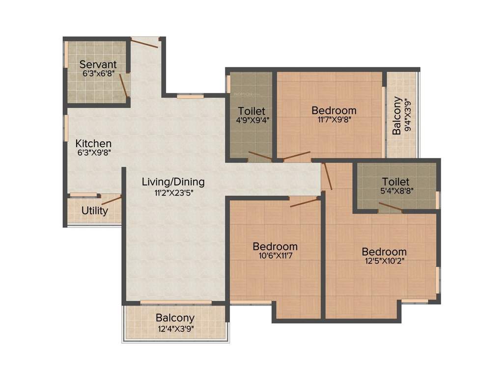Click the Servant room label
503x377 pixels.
98,64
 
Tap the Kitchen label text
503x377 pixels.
93,144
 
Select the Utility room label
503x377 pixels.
95,211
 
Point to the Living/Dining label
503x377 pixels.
173,182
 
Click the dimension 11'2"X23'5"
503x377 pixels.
173,193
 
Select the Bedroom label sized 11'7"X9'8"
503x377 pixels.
334,110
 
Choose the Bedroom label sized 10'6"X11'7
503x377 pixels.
275,246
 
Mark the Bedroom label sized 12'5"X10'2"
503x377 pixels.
384,252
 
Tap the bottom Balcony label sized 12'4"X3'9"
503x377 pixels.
175,318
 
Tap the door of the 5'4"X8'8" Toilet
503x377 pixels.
390,208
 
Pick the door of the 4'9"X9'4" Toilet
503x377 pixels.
260,157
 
